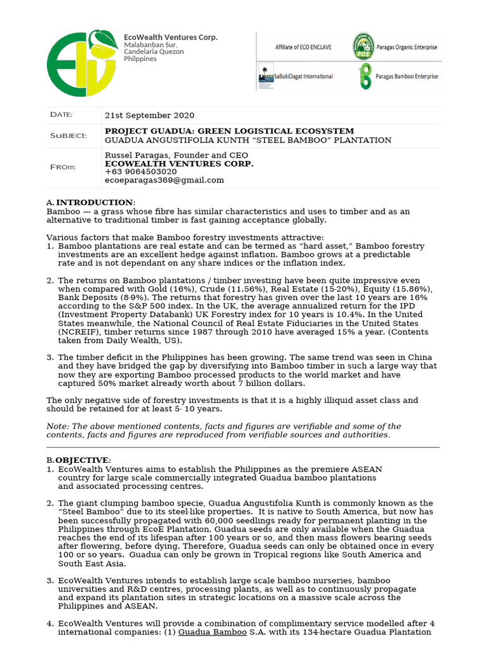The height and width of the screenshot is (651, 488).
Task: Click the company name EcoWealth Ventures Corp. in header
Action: pos(171,38)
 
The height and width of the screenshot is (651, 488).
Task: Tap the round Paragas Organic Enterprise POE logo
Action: pos(363,47)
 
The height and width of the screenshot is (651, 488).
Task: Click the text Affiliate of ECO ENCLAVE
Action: pos(301,48)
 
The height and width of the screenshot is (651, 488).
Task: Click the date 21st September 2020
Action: pos(149,116)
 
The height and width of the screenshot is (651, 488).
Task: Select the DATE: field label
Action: pos(62,115)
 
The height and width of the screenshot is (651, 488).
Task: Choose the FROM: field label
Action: pos(63,167)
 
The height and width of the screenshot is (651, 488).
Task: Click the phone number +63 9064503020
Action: pos(140,172)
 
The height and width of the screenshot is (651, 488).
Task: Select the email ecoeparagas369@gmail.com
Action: pos(164,180)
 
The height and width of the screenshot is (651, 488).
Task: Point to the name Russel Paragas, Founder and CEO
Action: pos(176,155)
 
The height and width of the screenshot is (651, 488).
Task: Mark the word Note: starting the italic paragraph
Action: pos(57,427)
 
